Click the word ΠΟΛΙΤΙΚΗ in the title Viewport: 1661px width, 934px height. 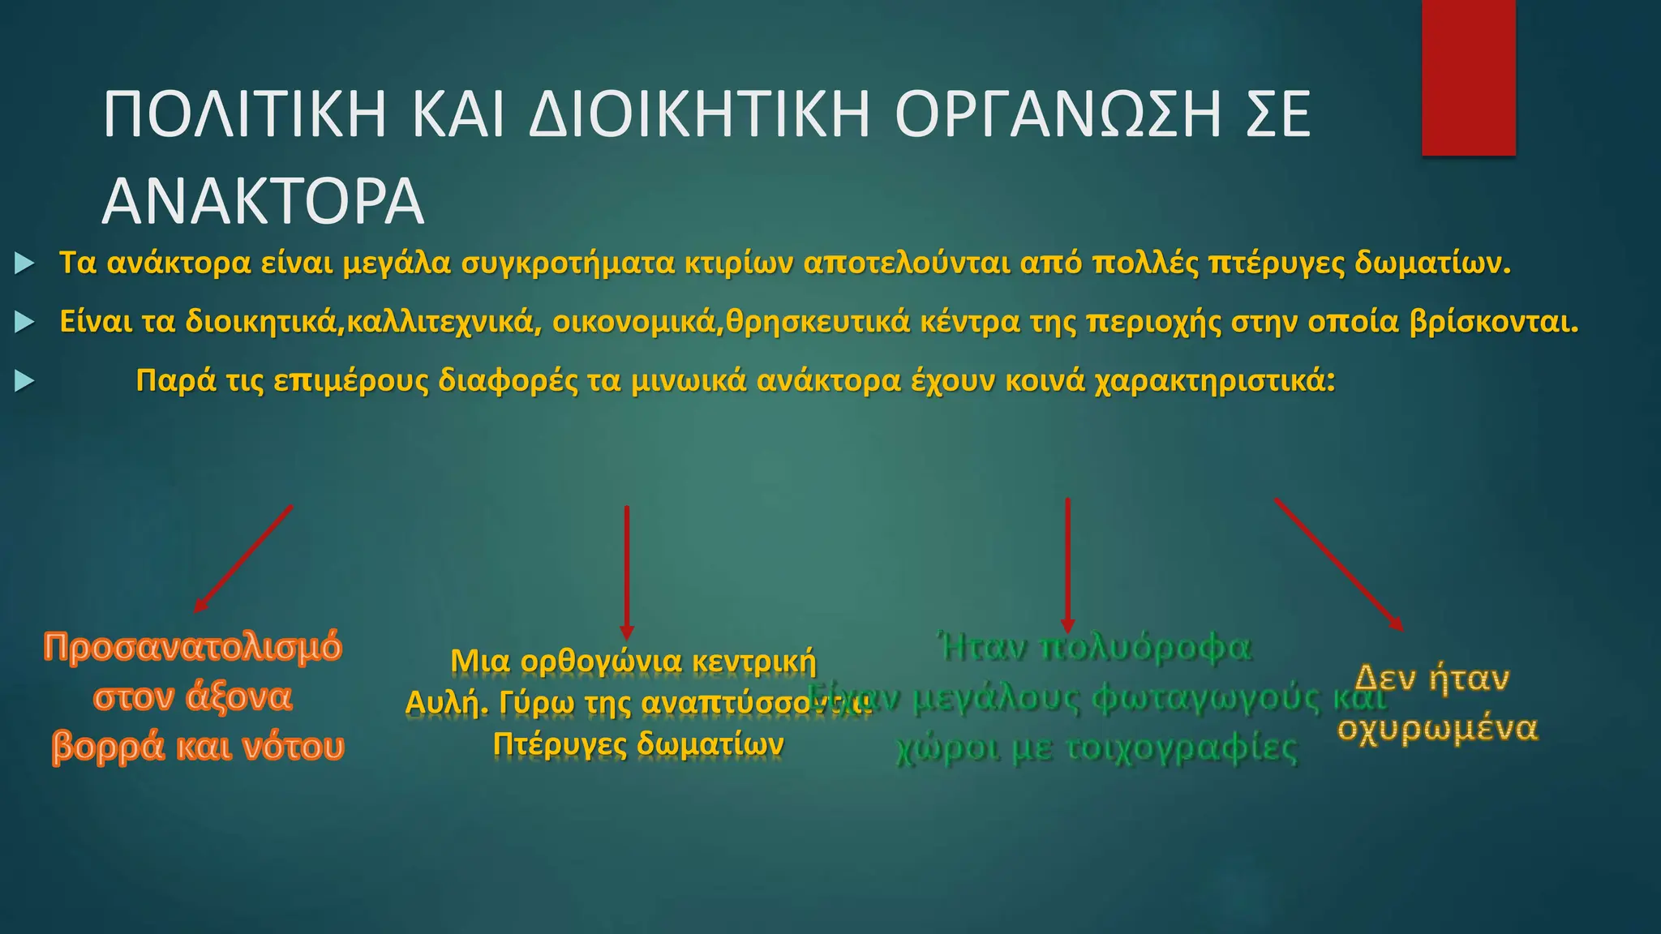[x=244, y=115]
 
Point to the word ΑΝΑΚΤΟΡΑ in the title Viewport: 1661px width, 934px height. [x=263, y=202]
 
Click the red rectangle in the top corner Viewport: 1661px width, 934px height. [x=1468, y=77]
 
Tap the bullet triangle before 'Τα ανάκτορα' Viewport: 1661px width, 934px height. [x=24, y=263]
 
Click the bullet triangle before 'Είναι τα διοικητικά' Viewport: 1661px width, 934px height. [x=24, y=323]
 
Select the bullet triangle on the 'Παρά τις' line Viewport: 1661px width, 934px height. [x=24, y=381]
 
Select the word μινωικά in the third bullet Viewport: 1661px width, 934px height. [x=689, y=381]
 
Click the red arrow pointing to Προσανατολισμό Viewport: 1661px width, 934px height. [x=242, y=559]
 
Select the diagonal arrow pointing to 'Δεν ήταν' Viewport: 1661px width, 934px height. [x=1338, y=564]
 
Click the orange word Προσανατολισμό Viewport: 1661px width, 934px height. [x=193, y=648]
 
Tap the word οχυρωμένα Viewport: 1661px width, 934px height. [x=1437, y=729]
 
